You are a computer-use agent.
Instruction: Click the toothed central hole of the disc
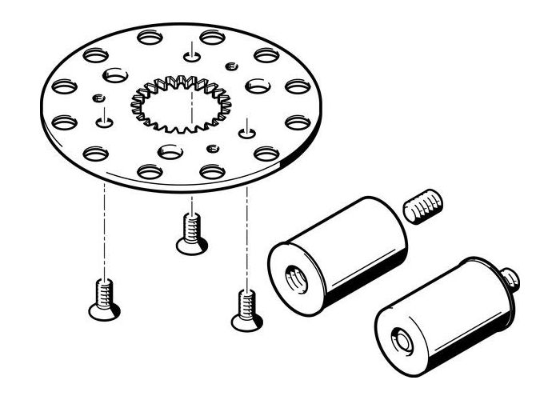(180, 103)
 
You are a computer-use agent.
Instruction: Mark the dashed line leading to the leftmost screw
(103, 232)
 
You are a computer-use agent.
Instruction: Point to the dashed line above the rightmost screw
(247, 240)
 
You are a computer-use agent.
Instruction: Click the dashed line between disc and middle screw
(191, 196)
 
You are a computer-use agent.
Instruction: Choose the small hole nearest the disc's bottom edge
(211, 148)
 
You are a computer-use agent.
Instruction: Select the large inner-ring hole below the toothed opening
(170, 150)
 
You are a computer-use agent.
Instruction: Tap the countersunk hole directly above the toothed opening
(193, 54)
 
